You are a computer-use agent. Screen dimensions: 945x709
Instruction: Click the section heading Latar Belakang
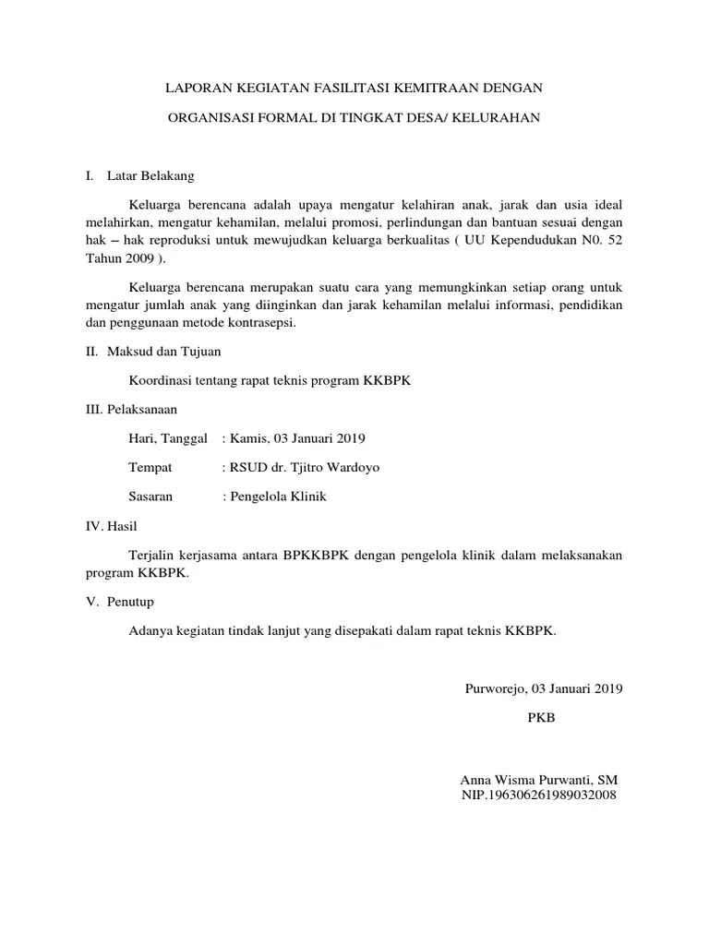click(150, 175)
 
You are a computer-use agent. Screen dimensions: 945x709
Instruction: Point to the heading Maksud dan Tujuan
click(164, 352)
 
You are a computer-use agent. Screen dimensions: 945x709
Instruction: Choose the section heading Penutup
click(130, 602)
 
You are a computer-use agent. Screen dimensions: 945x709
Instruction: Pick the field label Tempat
click(150, 467)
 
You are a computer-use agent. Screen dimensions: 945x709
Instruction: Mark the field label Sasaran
click(151, 496)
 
